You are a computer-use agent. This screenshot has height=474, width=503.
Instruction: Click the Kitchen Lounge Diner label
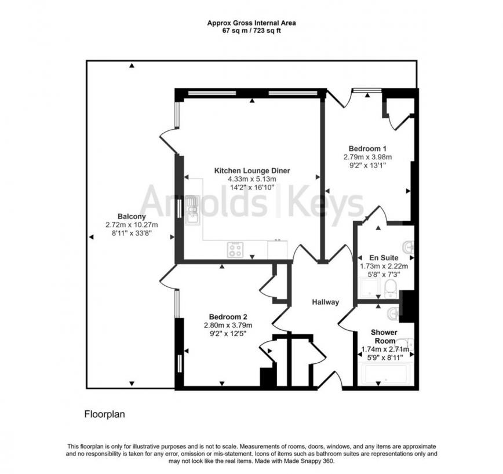[x=252, y=171]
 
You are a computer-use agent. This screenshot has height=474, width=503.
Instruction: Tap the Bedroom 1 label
[x=367, y=148]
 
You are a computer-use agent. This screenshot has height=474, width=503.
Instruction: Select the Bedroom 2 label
[x=228, y=317]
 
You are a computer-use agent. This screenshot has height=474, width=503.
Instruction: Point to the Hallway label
[x=325, y=302]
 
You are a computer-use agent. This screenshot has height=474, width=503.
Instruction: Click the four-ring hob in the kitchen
[x=236, y=250]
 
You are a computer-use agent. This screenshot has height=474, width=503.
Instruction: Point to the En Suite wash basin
[x=409, y=247]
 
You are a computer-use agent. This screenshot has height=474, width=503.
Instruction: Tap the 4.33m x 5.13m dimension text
[x=252, y=180]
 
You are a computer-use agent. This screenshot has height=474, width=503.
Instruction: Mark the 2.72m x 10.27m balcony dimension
[x=132, y=225]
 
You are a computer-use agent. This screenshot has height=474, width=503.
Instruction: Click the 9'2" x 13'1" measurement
[x=368, y=165]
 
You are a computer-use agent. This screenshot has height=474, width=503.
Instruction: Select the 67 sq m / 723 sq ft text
[x=251, y=30]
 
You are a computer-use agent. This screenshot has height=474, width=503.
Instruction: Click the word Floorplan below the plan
[x=105, y=414]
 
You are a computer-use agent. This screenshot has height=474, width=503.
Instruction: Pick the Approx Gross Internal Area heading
[x=251, y=23]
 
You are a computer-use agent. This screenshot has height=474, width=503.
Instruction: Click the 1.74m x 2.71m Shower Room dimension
[x=385, y=349]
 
